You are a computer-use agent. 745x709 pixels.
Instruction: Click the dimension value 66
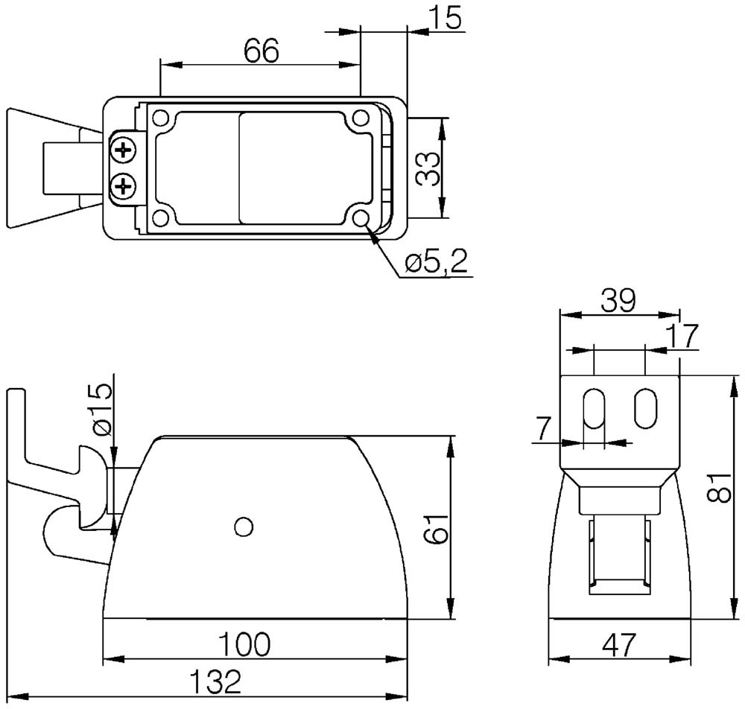(x=261, y=51)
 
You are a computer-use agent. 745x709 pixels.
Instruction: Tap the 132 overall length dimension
(x=216, y=681)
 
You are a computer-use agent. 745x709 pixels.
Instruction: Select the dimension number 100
(x=244, y=644)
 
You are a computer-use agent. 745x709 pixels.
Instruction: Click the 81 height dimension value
(x=719, y=487)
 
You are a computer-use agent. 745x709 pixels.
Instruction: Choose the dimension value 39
(x=618, y=300)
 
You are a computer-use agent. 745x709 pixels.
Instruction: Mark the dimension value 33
(x=427, y=169)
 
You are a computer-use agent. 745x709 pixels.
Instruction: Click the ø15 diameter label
(x=102, y=410)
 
